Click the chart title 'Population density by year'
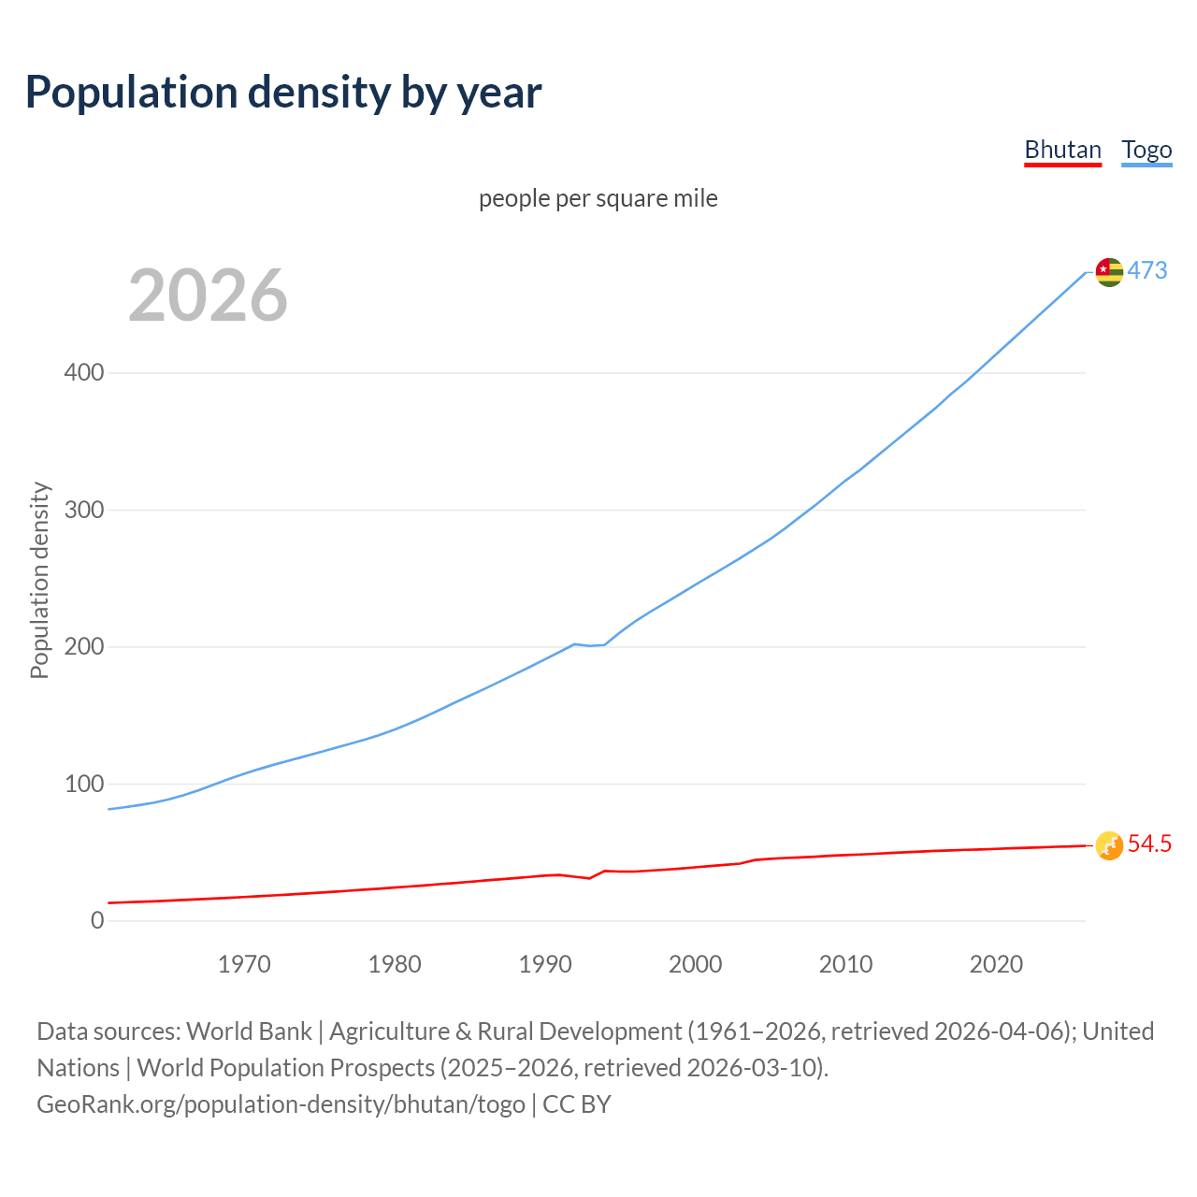tap(283, 93)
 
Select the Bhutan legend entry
tap(1062, 151)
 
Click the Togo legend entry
tap(1147, 151)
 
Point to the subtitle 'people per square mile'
tap(598, 198)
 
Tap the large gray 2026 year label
tap(208, 296)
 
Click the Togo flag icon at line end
tap(1109, 272)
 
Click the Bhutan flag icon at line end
tap(1109, 845)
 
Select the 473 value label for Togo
tap(1147, 271)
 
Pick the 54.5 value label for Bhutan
tap(1149, 844)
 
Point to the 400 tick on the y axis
tap(84, 373)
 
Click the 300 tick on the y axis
tap(84, 511)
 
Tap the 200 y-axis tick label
tap(84, 647)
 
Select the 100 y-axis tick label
tap(84, 785)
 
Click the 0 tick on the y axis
tap(97, 921)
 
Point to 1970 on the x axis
tap(244, 964)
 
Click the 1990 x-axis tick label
tap(545, 964)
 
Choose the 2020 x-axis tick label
tap(996, 964)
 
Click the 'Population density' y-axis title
tap(39, 580)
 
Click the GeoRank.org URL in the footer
tap(281, 1104)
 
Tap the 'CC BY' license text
tap(577, 1104)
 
